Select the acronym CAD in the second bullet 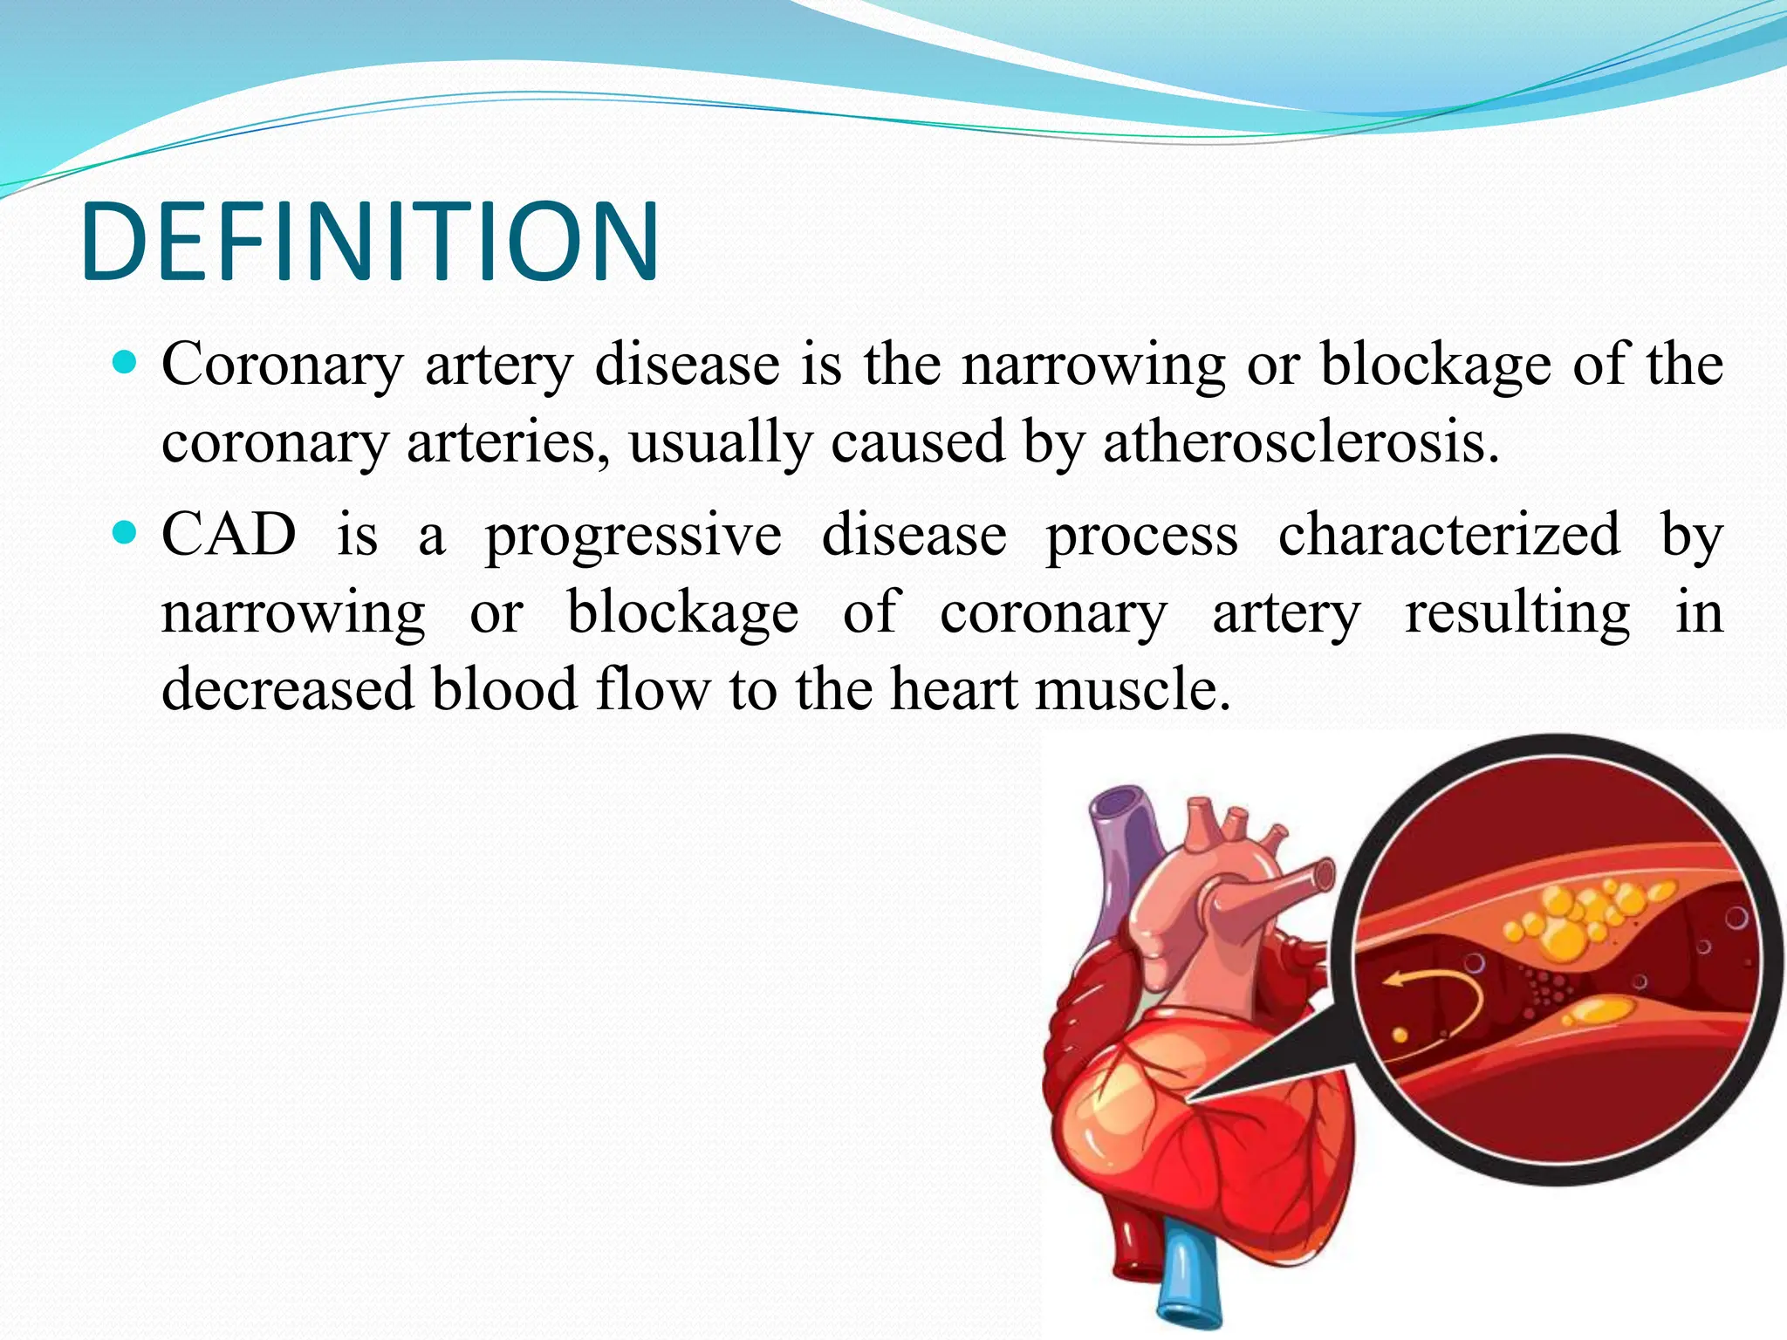[229, 534]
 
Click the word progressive [633, 536]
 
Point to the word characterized [1449, 534]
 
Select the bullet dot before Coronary [127, 361]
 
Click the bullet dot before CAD [127, 531]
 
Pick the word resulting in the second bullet [1517, 613]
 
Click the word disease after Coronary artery [687, 365]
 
